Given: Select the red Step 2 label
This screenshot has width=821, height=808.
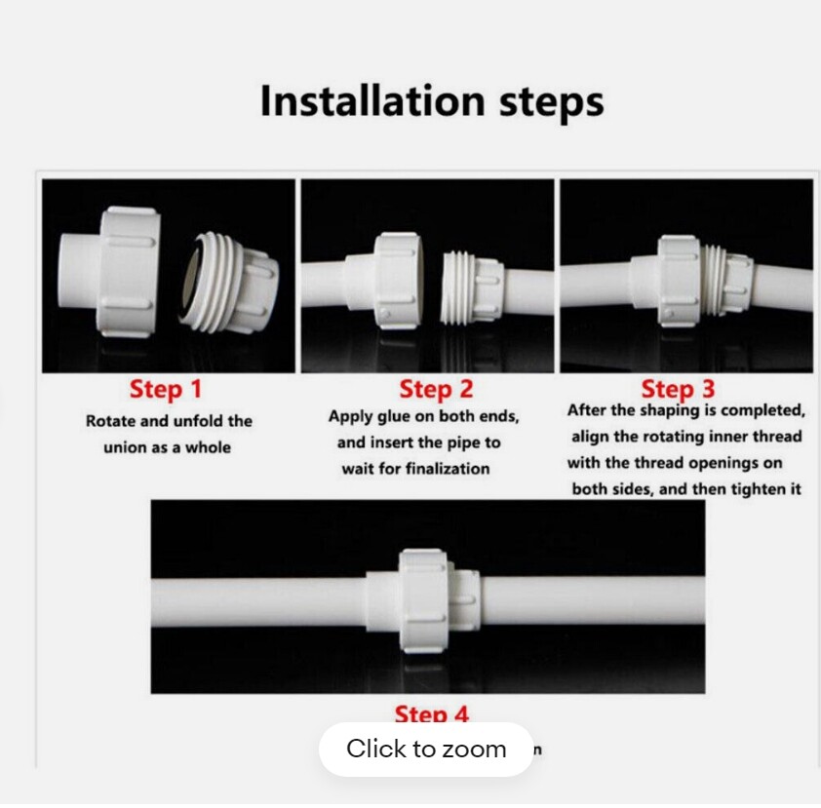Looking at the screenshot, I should (436, 389).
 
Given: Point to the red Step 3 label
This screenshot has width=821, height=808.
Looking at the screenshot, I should (678, 389).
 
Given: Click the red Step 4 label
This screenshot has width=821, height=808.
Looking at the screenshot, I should (431, 714).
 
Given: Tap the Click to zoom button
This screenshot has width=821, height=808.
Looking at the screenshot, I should (426, 749).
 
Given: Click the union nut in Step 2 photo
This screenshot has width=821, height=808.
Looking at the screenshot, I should (397, 277).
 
